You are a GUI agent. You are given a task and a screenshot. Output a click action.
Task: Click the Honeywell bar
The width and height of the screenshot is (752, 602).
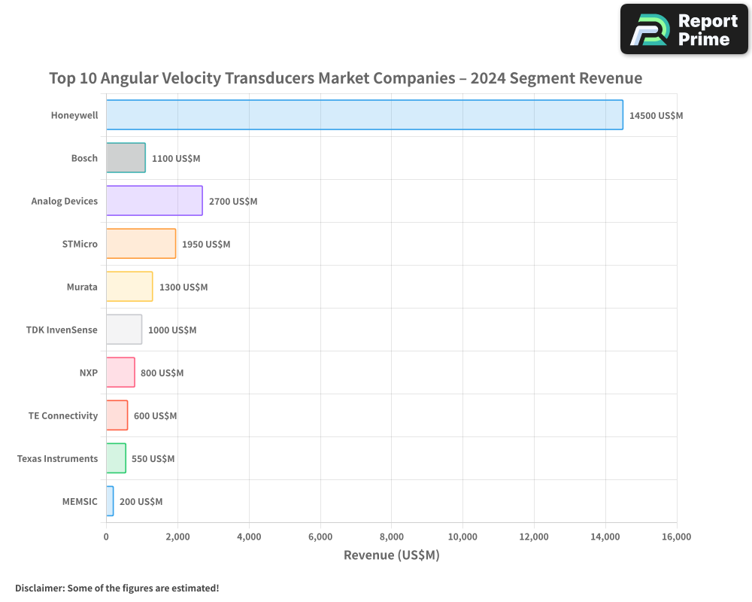[364, 115]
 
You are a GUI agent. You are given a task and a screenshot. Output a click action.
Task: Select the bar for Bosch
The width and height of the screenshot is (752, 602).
[126, 158]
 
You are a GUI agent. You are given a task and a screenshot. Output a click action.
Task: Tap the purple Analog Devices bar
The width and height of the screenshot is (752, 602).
[154, 201]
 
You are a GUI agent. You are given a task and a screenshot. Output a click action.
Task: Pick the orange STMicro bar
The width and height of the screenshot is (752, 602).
[141, 244]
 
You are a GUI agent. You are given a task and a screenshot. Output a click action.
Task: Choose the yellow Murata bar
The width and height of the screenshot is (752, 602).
[129, 287]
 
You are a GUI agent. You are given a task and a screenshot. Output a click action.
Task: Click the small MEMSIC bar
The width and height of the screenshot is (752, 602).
[110, 501]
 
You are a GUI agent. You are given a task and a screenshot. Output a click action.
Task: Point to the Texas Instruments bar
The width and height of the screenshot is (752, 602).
[116, 458]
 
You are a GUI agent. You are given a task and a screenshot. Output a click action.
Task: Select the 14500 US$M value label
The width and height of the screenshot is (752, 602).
[656, 116]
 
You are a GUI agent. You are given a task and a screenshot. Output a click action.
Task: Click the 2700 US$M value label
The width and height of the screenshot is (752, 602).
[233, 202]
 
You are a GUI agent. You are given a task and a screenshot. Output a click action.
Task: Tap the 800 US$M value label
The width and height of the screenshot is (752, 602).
[162, 373]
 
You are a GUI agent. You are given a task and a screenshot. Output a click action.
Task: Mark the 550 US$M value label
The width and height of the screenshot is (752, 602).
[153, 459]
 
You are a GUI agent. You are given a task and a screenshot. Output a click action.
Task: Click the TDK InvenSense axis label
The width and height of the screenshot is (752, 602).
[62, 330]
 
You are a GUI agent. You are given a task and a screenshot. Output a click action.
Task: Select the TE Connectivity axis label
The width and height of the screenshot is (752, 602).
[63, 415]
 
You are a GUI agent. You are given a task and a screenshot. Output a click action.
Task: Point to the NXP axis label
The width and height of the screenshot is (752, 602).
[89, 372]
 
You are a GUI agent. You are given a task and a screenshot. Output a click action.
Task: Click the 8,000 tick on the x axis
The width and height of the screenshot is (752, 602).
[392, 537]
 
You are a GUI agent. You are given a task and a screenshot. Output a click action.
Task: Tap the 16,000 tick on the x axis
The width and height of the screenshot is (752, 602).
[676, 537]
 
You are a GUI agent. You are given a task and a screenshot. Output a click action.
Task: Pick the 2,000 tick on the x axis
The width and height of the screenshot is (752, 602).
[177, 537]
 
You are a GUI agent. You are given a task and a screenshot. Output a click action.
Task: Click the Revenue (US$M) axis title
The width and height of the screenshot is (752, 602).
[391, 555]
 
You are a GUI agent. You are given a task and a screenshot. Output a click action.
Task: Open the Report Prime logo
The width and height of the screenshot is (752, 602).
[684, 29]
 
